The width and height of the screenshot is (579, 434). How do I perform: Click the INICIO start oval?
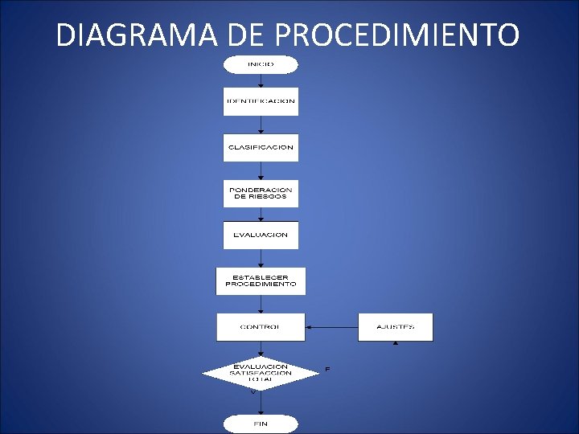260,64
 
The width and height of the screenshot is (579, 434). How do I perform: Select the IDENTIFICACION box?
260,102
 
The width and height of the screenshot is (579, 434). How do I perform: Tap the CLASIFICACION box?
260,148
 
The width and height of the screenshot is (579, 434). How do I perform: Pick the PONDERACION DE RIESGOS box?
260,194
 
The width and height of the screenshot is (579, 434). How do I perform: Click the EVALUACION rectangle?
260,235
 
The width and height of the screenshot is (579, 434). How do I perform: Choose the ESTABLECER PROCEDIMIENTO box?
260,281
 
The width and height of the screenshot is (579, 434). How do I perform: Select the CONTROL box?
260,327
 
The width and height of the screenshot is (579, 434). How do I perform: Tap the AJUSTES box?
395,327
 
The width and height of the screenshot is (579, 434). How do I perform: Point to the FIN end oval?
260,424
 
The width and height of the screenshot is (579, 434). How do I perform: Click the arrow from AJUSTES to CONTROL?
331,327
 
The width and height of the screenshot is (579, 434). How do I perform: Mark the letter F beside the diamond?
327,369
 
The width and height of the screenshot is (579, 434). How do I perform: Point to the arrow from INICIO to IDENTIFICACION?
260,80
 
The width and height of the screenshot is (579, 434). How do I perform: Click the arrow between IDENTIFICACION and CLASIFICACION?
260,125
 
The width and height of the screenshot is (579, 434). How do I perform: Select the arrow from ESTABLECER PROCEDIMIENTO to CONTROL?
260,305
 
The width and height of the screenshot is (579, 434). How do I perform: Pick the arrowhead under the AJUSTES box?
395,343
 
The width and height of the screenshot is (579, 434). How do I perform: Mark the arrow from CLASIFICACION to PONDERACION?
260,171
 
